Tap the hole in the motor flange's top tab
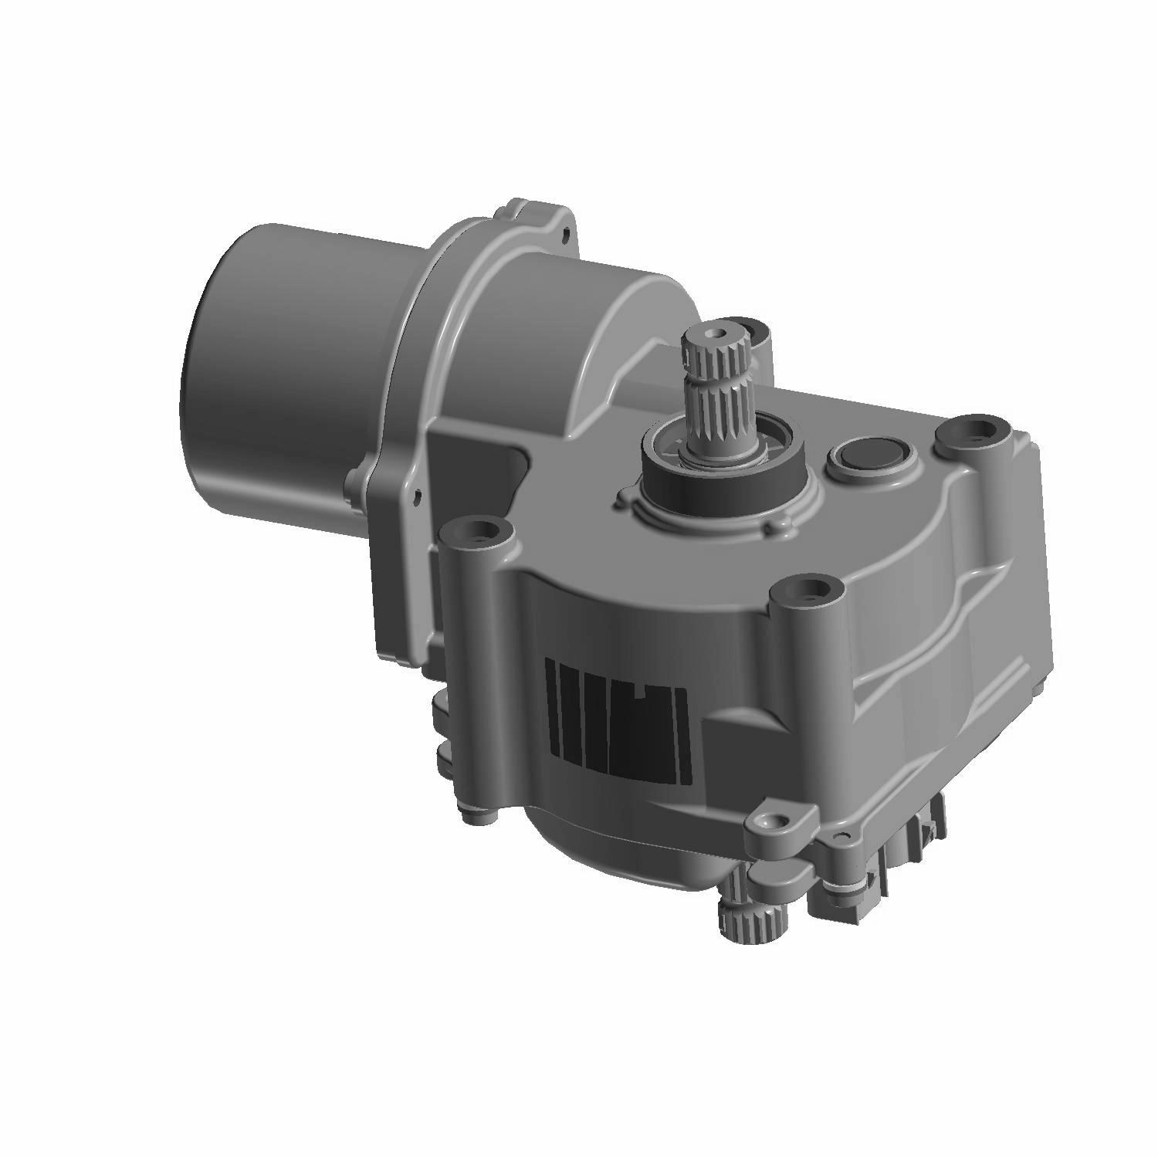[569, 230]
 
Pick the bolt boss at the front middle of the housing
[804, 593]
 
